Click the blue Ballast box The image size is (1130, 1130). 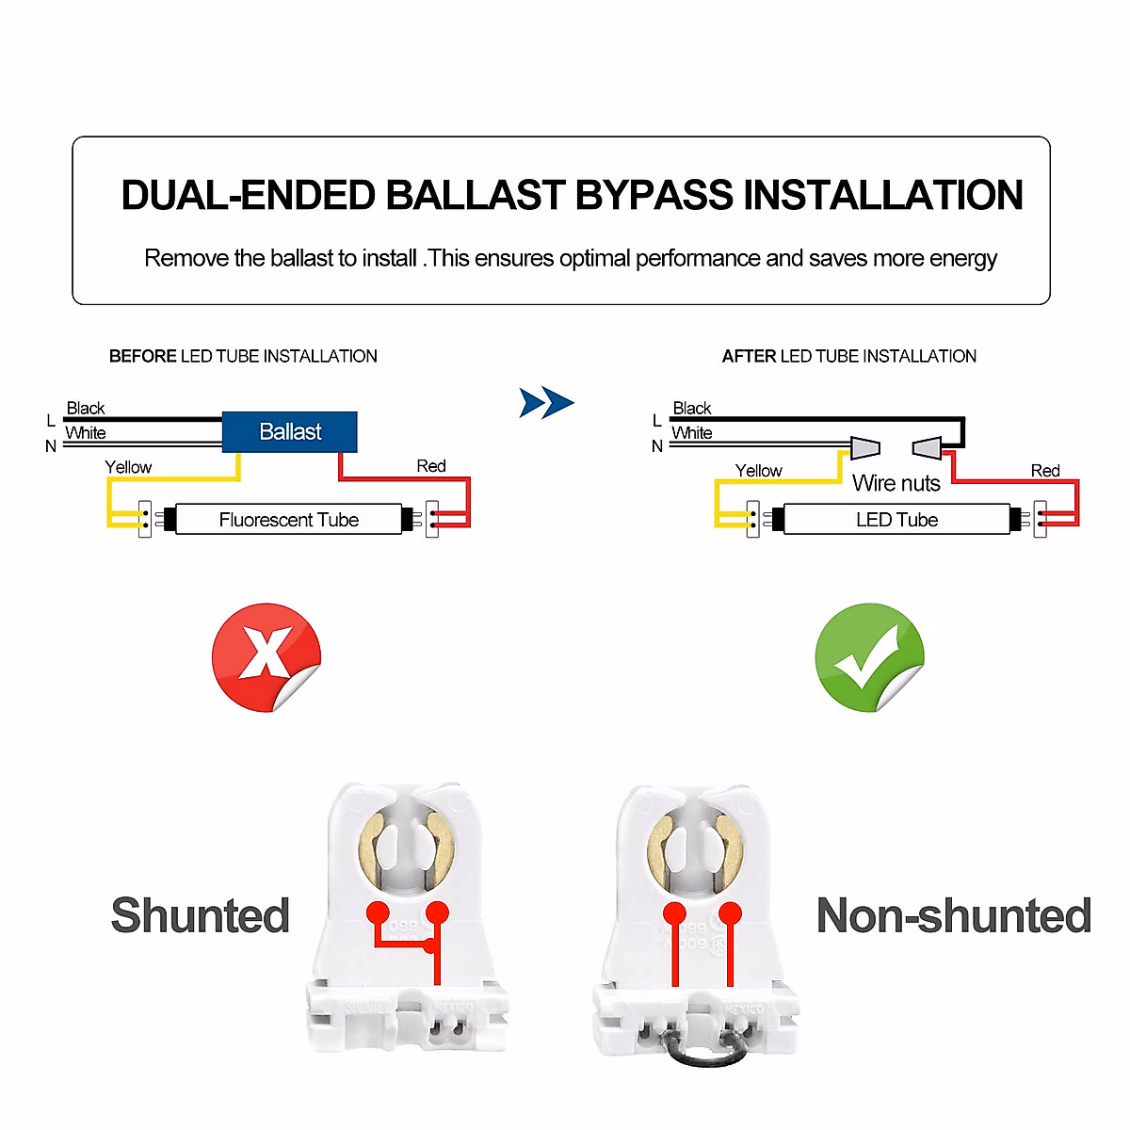pyautogui.click(x=290, y=432)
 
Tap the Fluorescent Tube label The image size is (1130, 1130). pyautogui.click(x=288, y=520)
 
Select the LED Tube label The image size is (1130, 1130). pyautogui.click(x=896, y=520)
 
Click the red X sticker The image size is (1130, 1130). pyautogui.click(x=266, y=656)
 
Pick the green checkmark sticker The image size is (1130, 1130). pyautogui.click(x=868, y=656)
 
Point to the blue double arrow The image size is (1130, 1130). pyautogui.click(x=546, y=403)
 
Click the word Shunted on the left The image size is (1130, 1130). pyautogui.click(x=200, y=915)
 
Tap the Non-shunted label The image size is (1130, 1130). pyautogui.click(x=953, y=915)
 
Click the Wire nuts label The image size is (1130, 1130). pyautogui.click(x=896, y=483)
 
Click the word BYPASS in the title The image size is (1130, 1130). pyautogui.click(x=654, y=196)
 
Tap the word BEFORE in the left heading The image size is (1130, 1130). pyautogui.click(x=142, y=356)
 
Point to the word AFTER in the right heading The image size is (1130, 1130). pyautogui.click(x=750, y=356)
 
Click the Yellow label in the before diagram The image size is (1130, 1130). pyautogui.click(x=128, y=467)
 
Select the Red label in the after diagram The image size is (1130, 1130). pyautogui.click(x=1044, y=471)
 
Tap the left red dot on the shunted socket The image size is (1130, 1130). pyautogui.click(x=378, y=912)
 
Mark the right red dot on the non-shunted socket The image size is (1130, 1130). pyautogui.click(x=731, y=912)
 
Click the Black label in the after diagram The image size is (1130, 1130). pyautogui.click(x=691, y=408)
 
